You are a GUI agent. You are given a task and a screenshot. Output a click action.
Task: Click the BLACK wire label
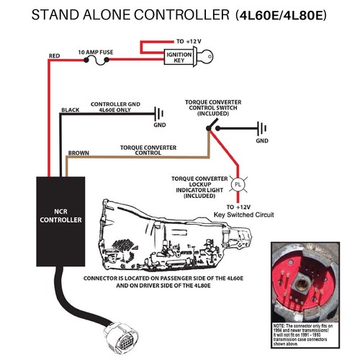point(70,110)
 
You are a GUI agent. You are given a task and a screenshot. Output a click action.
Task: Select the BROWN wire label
point(78,153)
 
